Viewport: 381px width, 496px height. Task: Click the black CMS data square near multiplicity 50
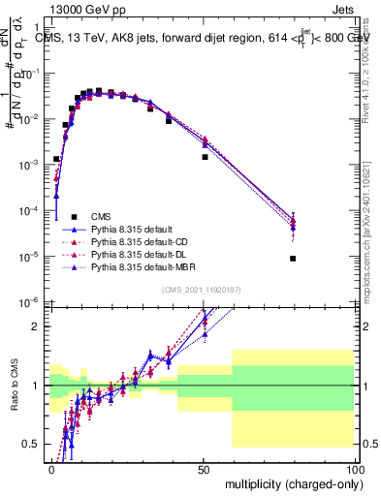205,157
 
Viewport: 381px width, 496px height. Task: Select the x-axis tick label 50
203,468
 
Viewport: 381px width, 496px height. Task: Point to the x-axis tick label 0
51,468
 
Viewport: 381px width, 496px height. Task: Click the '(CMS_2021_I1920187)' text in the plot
202,288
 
